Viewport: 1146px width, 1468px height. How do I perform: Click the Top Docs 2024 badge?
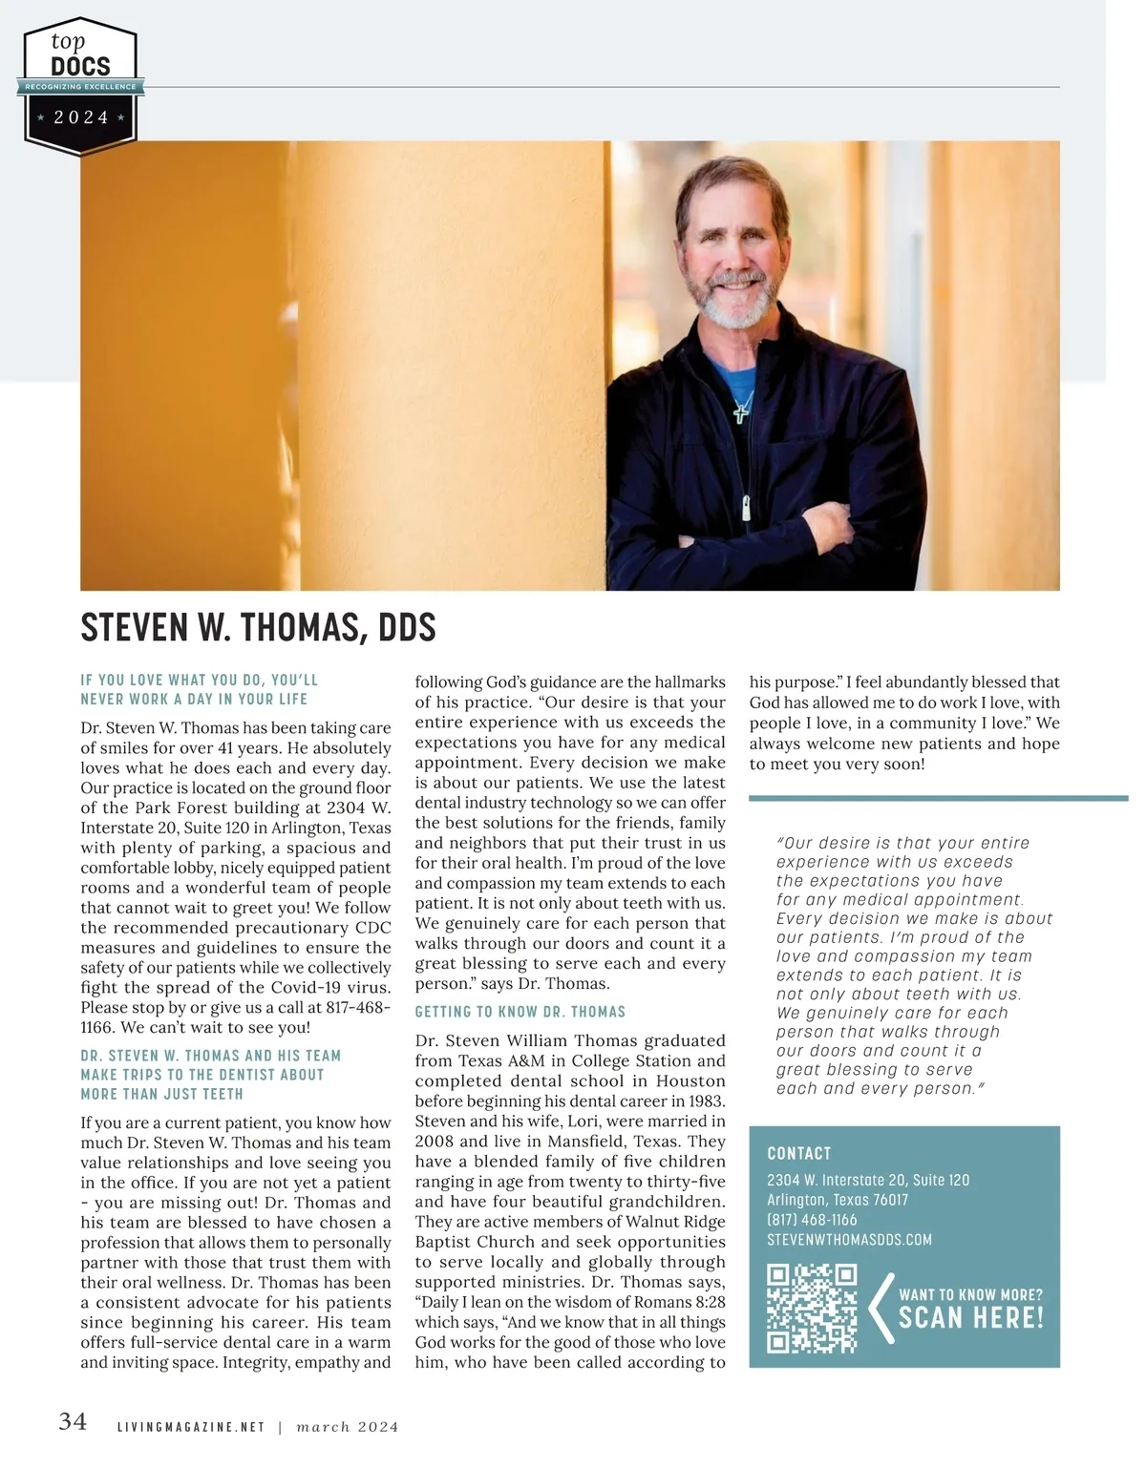pos(81,86)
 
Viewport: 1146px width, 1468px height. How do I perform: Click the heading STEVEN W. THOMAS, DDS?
pos(258,628)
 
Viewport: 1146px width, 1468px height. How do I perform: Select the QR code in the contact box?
pos(812,1309)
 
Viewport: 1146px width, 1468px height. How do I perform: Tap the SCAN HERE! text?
pos(970,1318)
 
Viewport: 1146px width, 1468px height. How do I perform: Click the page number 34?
pos(73,1421)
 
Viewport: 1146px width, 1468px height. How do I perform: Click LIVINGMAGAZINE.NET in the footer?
pos(190,1427)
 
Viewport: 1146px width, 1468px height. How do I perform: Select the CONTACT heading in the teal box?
pos(799,1153)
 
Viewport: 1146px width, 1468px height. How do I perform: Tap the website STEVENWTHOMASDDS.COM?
pos(849,1240)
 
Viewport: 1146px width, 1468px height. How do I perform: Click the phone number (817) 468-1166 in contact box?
pos(812,1220)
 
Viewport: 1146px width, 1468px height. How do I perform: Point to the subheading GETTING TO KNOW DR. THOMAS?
pos(520,1012)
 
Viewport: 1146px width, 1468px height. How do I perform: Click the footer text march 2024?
pos(348,1427)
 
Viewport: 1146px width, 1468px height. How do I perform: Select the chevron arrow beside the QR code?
pos(880,1309)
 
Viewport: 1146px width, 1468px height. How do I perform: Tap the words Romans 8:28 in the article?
pos(658,1302)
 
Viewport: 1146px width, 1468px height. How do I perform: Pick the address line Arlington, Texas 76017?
pos(838,1200)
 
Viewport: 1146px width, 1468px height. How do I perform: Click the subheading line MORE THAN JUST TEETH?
pos(161,1094)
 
